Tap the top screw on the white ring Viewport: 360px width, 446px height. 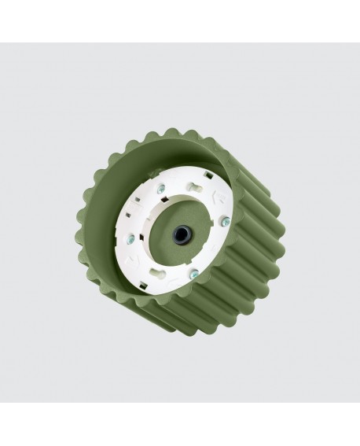[160, 188]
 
